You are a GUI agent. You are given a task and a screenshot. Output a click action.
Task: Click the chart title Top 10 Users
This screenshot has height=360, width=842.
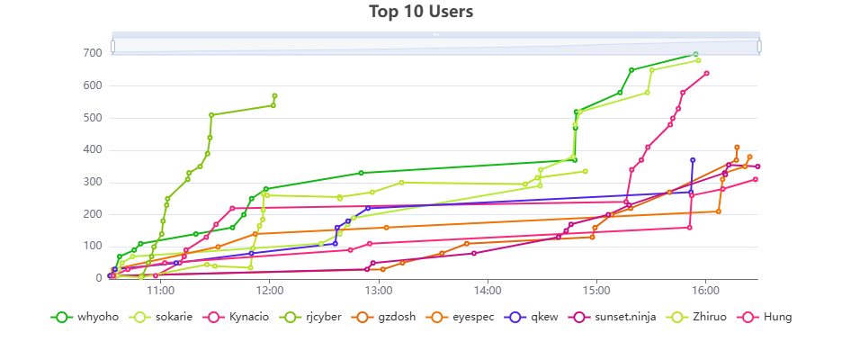pos(421,12)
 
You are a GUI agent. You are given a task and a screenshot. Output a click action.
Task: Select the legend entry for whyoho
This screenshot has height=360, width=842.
pos(85,317)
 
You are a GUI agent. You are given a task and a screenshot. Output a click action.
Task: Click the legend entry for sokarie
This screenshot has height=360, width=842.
pos(162,317)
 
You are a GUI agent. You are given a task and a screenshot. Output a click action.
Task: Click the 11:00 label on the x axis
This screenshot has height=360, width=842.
pos(160,291)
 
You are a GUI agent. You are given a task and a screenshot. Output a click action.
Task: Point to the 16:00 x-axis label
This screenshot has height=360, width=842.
pos(705,291)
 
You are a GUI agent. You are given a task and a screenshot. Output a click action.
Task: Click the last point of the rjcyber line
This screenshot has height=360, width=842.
pos(274,95)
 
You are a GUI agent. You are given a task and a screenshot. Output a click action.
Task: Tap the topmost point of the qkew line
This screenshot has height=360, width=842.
pos(693,160)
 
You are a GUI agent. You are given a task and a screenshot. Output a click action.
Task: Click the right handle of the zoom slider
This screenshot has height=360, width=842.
pos(759,45)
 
